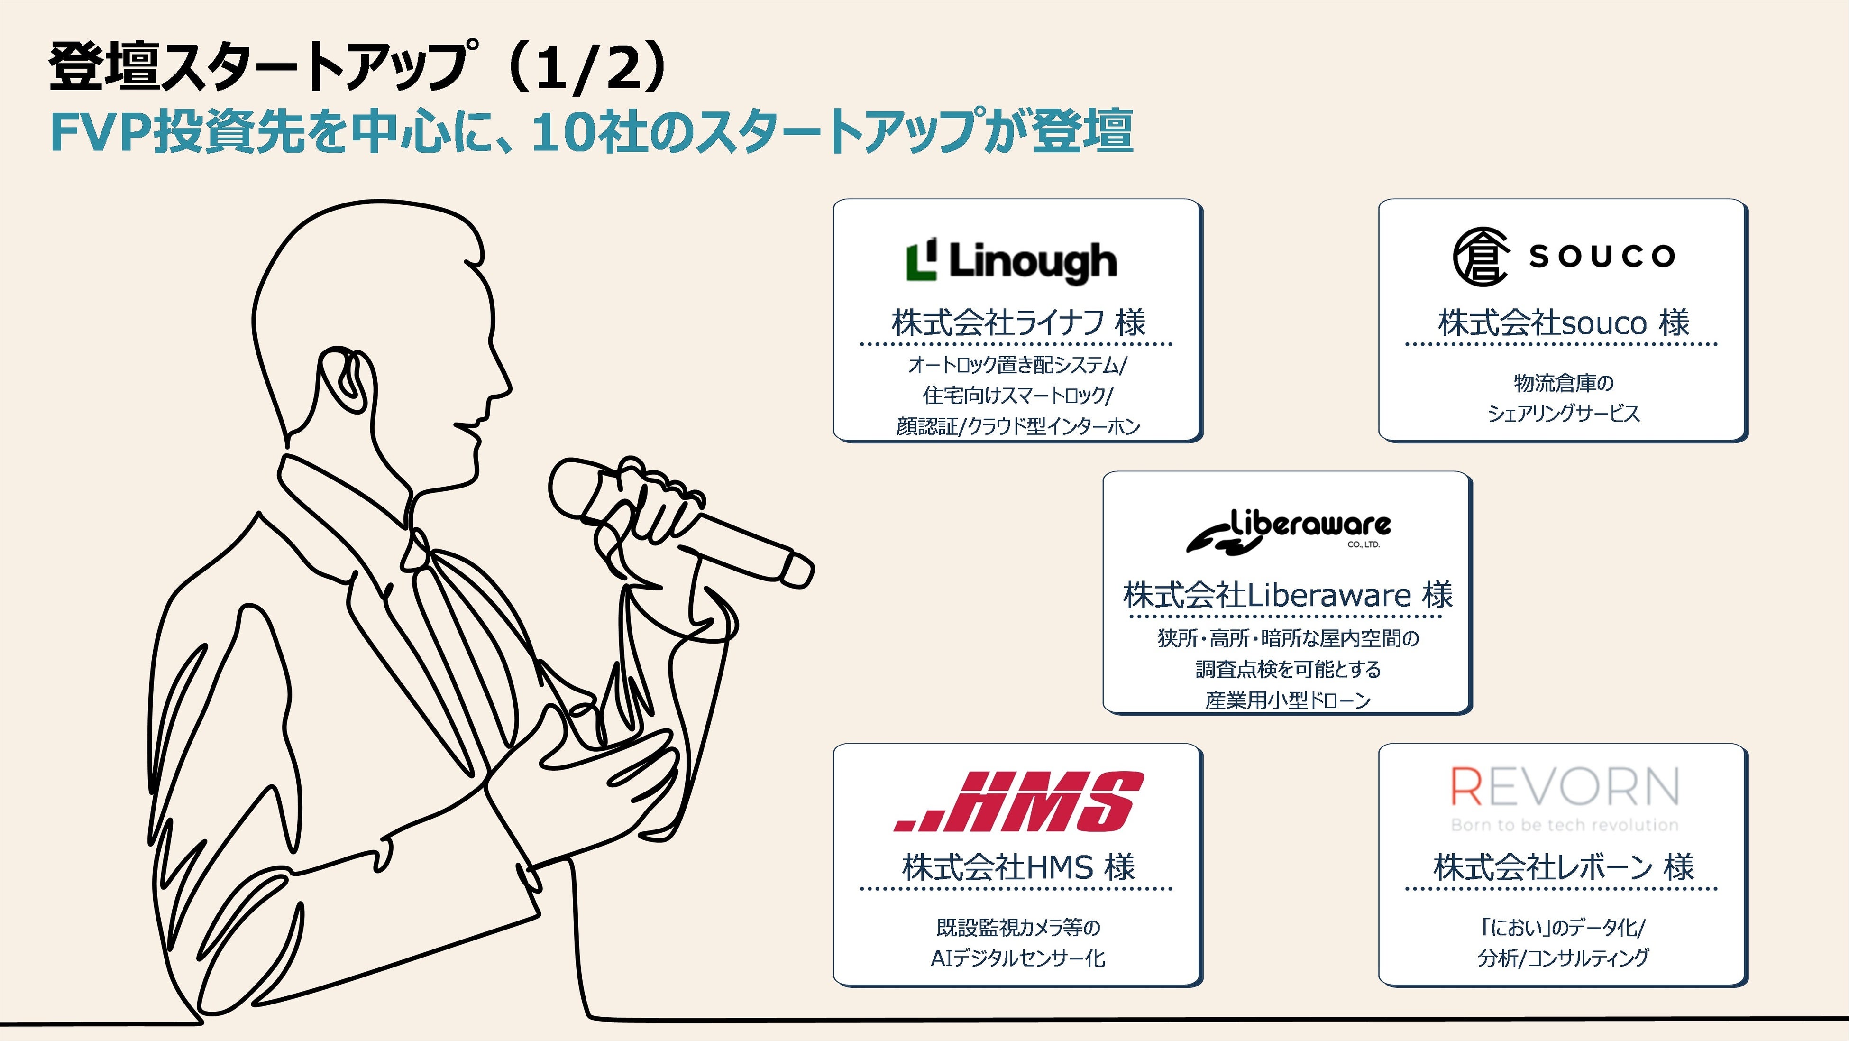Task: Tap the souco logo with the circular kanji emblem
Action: click(x=1563, y=256)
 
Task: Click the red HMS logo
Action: click(x=1018, y=801)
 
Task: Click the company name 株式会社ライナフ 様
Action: click(x=1018, y=322)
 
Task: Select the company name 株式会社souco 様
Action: click(x=1563, y=322)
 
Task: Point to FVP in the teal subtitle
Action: click(x=101, y=133)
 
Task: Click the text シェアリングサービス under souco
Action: click(x=1563, y=414)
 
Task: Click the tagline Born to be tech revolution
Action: click(x=1565, y=825)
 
